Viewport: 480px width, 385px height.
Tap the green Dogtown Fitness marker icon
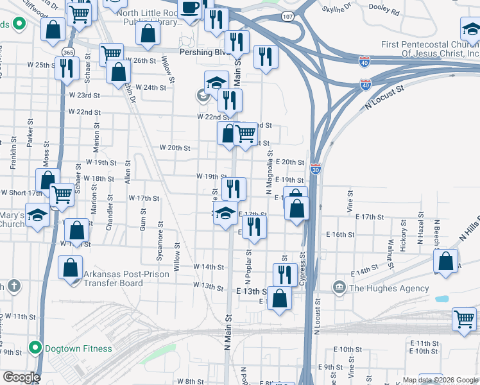[x=37, y=349]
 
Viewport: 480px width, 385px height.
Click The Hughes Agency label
[x=388, y=288]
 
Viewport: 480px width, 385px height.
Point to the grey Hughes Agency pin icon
[x=339, y=286]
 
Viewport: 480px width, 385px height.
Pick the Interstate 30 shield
[x=315, y=169]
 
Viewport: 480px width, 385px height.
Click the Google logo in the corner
[x=21, y=377]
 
